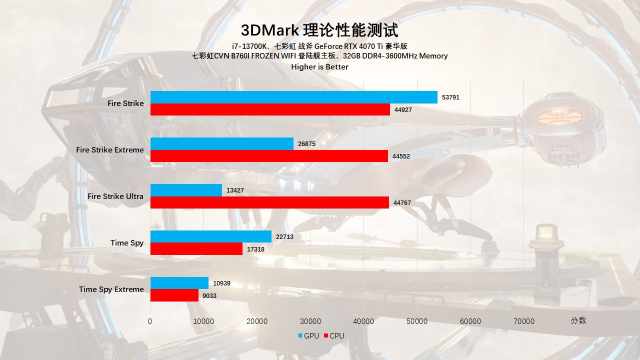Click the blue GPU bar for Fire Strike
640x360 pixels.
[x=293, y=97]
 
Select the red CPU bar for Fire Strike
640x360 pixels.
[x=270, y=109]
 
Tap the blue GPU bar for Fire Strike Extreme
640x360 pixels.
[x=221, y=143]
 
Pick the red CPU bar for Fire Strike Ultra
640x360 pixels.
[x=269, y=202]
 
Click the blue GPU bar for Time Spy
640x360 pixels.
[x=210, y=236]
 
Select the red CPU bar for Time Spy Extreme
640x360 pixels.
[x=174, y=295]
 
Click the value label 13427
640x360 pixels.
[x=235, y=190]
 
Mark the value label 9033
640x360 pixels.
[x=210, y=295]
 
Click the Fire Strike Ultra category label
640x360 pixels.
[x=116, y=196]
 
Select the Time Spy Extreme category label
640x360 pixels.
[x=111, y=289]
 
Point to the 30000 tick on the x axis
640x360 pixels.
[x=310, y=321]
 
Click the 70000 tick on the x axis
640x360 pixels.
[x=523, y=321]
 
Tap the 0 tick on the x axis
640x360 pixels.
[x=150, y=321]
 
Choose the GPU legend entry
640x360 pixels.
[x=308, y=336]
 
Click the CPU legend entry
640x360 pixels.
[x=333, y=336]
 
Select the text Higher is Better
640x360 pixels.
[x=319, y=68]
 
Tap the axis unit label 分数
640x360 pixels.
[x=579, y=320]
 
